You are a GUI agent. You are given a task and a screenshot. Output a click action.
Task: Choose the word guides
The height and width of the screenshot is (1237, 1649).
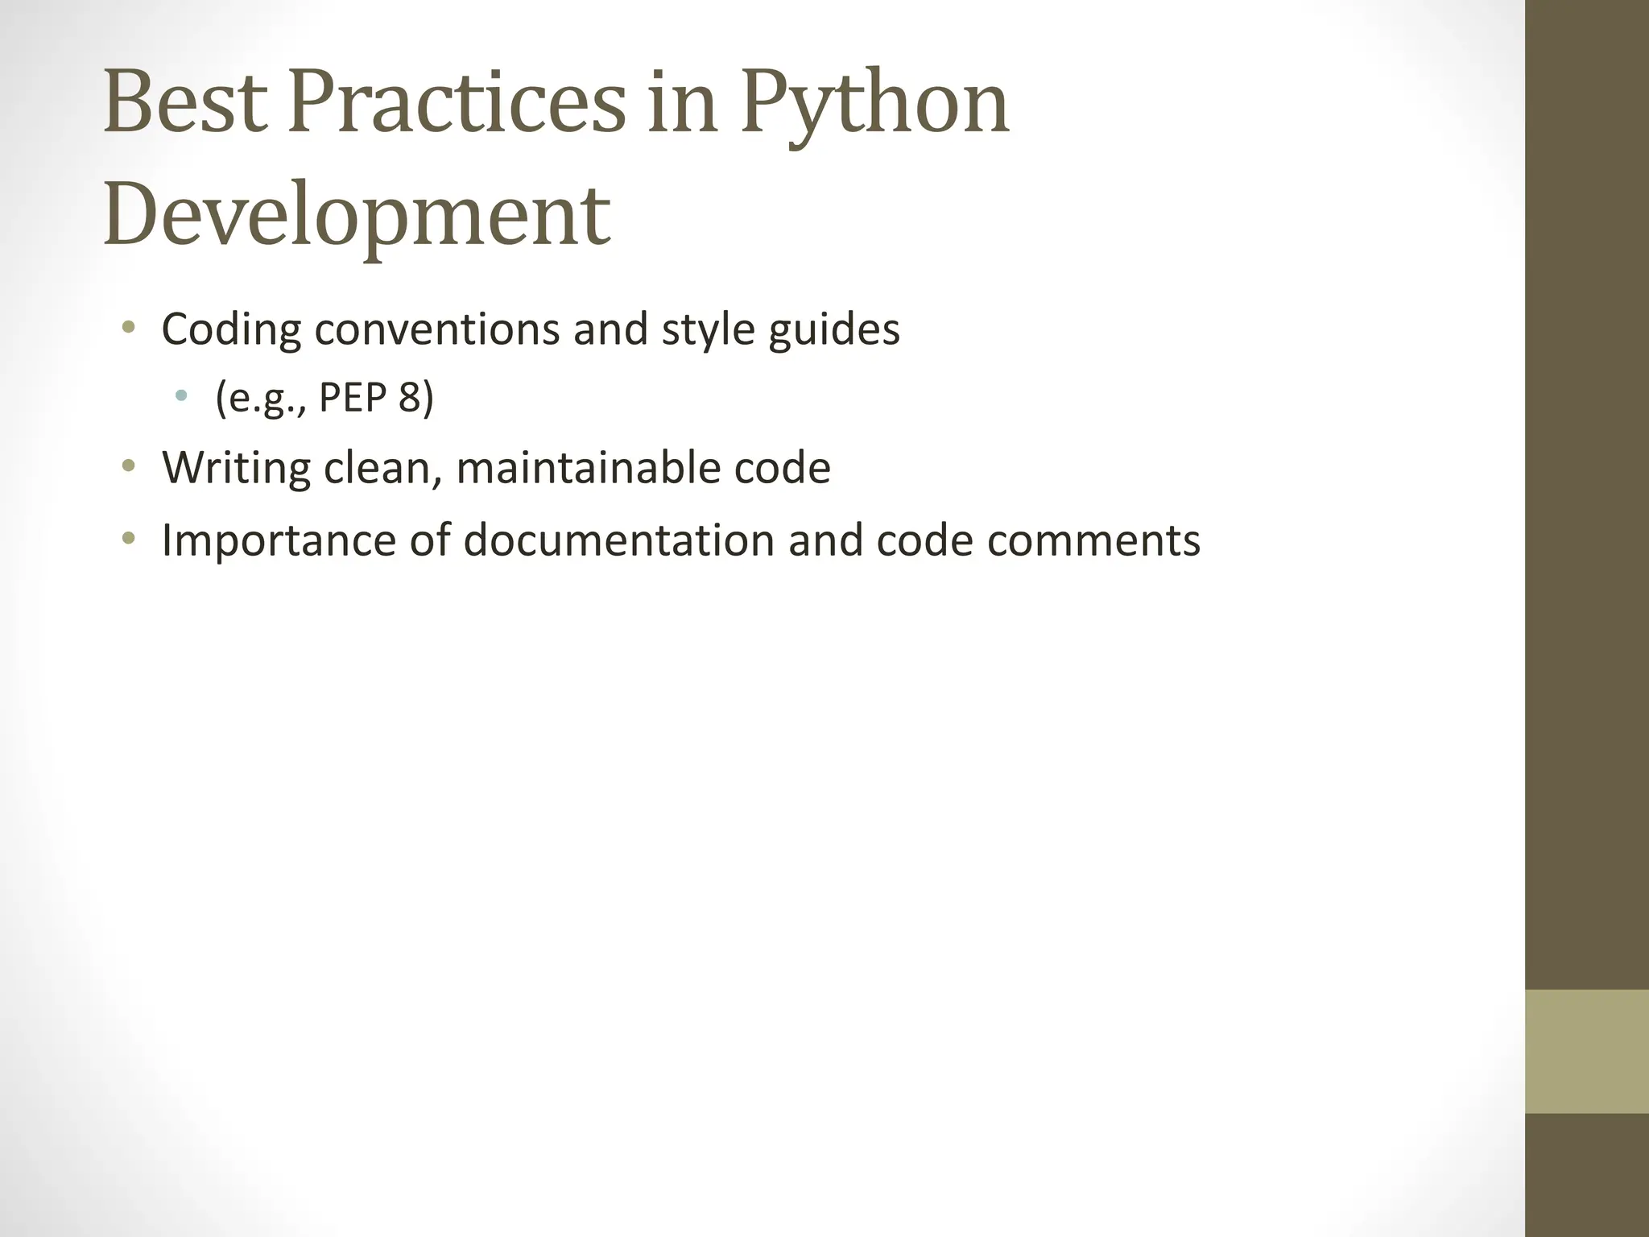pyautogui.click(x=833, y=330)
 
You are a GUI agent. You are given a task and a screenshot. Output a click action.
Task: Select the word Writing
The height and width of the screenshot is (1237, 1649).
pyautogui.click(x=235, y=468)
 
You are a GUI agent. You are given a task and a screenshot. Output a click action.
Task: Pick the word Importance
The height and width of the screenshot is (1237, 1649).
pyautogui.click(x=279, y=540)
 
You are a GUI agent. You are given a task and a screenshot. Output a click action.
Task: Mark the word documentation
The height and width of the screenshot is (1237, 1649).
pyautogui.click(x=618, y=540)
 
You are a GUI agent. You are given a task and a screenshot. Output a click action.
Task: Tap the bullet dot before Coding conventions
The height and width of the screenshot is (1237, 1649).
pyautogui.click(x=128, y=327)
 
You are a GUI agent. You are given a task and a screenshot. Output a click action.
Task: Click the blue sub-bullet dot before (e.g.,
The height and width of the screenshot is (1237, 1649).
pyautogui.click(x=182, y=395)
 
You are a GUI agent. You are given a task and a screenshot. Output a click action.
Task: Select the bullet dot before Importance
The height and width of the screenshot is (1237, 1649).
pyautogui.click(x=128, y=537)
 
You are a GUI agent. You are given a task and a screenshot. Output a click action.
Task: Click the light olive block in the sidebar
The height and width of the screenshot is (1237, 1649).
pyautogui.click(x=1587, y=1051)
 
